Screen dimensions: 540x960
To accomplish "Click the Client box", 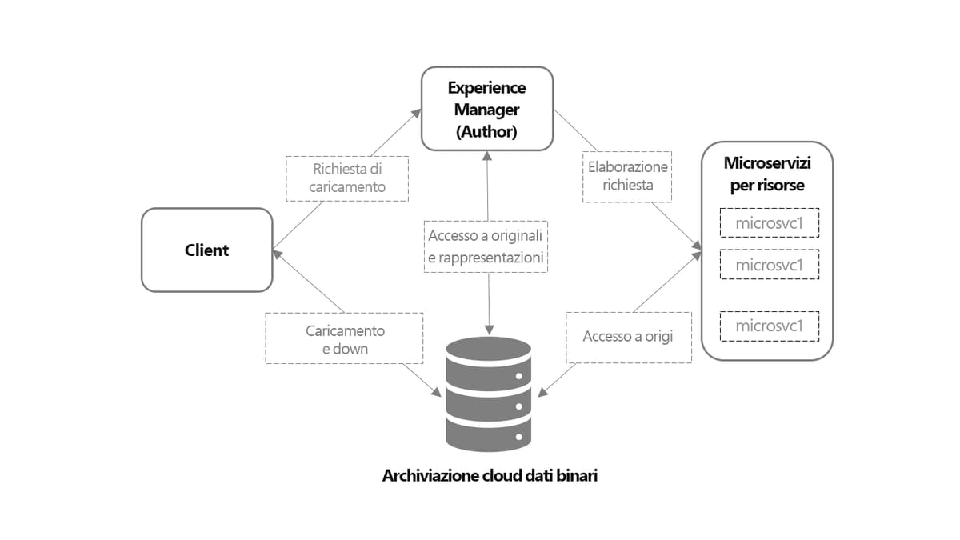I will tap(206, 250).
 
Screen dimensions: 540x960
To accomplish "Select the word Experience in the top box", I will tap(486, 87).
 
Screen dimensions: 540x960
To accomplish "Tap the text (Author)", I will tap(486, 132).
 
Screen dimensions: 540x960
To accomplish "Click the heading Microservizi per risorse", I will tap(766, 174).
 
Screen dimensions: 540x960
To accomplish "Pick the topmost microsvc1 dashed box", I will tap(768, 223).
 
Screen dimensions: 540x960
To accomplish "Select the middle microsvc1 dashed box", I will tap(768, 264).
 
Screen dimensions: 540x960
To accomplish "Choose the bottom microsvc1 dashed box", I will tap(768, 326).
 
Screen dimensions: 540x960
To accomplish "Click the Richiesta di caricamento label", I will tap(348, 178).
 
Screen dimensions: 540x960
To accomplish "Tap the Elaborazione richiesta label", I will tap(627, 175).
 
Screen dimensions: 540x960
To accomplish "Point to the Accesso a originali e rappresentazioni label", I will tap(486, 246).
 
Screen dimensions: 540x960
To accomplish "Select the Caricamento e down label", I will tap(345, 339).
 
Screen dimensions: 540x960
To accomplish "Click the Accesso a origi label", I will tap(628, 337).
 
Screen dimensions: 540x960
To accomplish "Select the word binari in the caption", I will tap(577, 476).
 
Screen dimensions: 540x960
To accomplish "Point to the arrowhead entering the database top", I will tap(487, 330).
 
